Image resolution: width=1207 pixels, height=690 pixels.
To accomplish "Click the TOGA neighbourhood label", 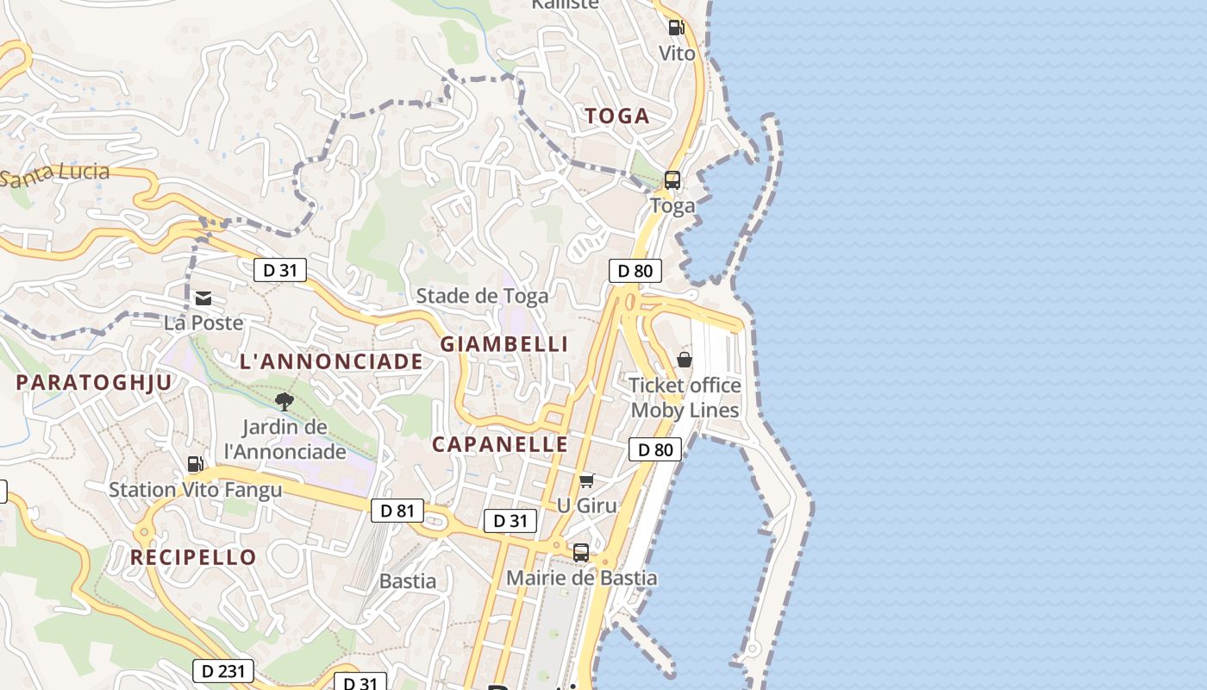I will [x=617, y=116].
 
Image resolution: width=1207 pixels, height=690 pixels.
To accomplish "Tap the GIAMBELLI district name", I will [x=504, y=344].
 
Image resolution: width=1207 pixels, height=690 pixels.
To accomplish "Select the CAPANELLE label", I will [x=500, y=444].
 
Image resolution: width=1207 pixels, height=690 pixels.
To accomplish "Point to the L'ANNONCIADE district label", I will [x=332, y=361].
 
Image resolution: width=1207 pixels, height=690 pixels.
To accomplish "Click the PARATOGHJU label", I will [x=94, y=382].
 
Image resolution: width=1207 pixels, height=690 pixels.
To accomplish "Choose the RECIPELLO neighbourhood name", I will [x=193, y=557].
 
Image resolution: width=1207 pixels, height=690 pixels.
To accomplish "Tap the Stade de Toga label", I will [x=482, y=296].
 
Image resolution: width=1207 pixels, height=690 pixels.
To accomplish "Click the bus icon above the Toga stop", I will [x=672, y=180].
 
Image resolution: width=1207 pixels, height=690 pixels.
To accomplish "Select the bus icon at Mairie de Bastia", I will [x=581, y=552].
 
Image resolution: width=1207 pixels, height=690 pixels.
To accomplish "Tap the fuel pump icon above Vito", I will [x=676, y=27].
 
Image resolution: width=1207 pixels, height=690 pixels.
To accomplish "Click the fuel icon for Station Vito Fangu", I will [x=196, y=464].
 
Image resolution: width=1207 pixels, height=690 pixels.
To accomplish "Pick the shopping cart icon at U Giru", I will [x=587, y=480].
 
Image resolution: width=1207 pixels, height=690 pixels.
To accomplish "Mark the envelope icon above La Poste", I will [x=203, y=298].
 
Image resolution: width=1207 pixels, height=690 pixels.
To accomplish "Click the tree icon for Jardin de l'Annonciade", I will [x=284, y=401].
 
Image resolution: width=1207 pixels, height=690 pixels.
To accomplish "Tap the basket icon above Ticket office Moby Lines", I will [x=685, y=359].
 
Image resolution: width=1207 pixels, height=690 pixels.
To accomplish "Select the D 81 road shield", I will [x=397, y=511].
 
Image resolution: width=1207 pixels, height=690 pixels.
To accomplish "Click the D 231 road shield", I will [x=223, y=670].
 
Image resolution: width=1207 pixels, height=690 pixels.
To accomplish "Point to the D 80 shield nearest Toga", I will [x=635, y=271].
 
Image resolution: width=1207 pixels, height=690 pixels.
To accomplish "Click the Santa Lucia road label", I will [x=57, y=174].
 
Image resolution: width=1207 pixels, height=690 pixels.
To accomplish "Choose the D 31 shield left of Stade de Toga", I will [x=280, y=270].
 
